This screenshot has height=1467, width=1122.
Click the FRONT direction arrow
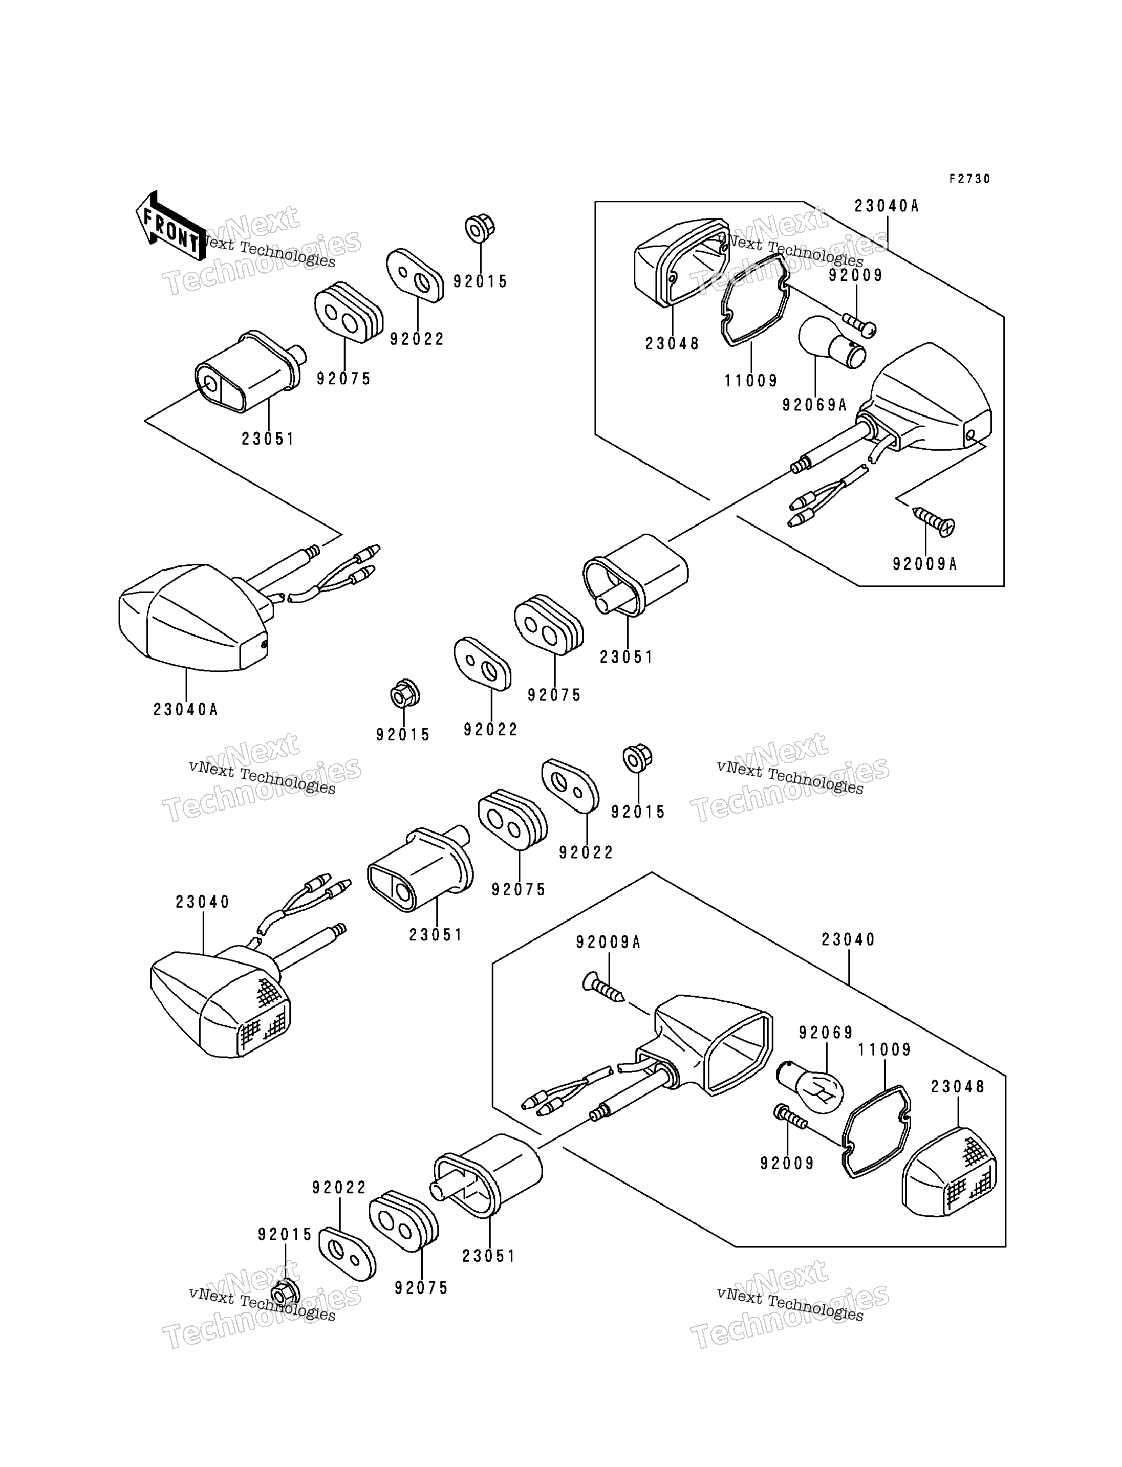pyautogui.click(x=171, y=226)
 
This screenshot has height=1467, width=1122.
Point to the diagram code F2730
pyautogui.click(x=970, y=179)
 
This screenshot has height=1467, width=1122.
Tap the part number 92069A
pyautogui.click(x=814, y=405)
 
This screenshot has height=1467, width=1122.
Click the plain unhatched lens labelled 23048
pyautogui.click(x=681, y=262)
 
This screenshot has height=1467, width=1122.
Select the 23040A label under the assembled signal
pyautogui.click(x=186, y=710)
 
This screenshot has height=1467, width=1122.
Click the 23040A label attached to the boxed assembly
pyautogui.click(x=887, y=206)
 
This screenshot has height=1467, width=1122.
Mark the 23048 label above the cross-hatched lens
pyautogui.click(x=958, y=1086)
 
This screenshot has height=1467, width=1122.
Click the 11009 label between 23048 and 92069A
pyautogui.click(x=751, y=381)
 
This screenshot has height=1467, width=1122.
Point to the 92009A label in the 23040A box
pyautogui.click(x=925, y=564)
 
